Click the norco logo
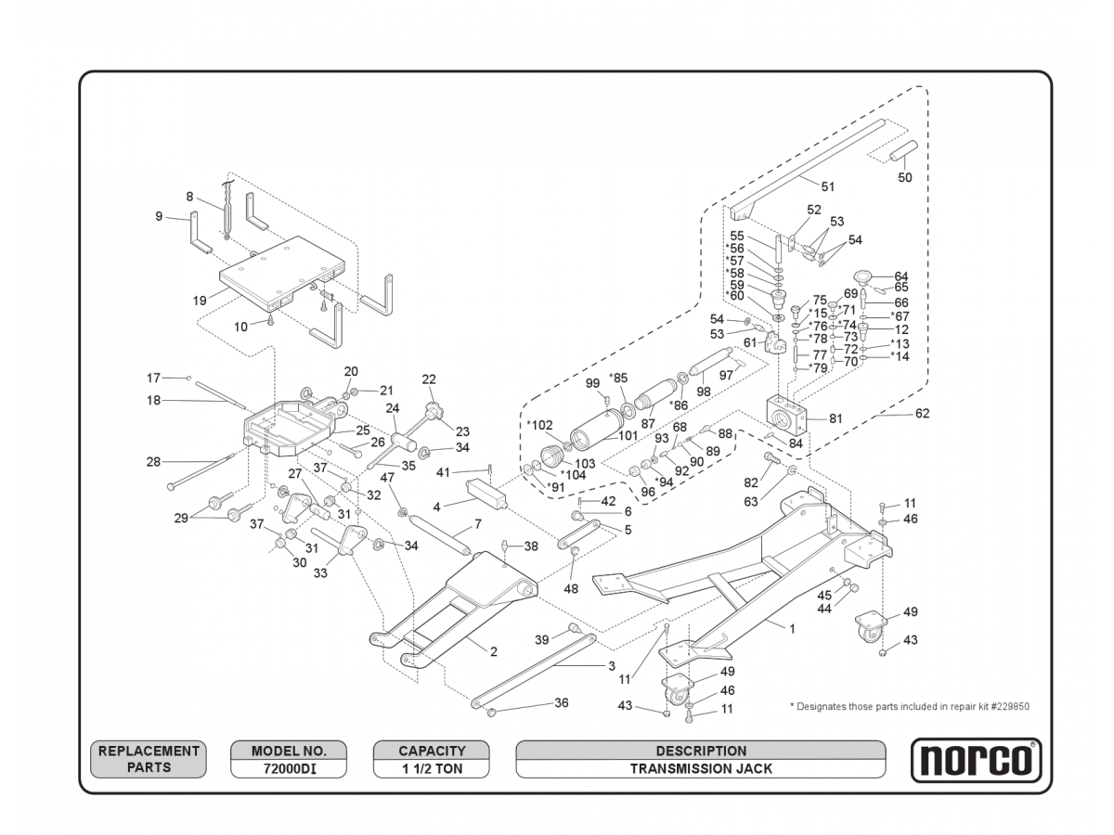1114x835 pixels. click(x=975, y=760)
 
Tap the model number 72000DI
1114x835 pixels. click(x=289, y=768)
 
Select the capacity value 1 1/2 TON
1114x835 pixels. click(x=432, y=768)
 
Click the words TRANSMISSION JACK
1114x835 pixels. click(x=701, y=768)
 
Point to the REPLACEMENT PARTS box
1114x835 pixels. click(x=149, y=759)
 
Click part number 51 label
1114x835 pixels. click(x=828, y=186)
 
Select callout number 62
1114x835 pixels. click(x=922, y=414)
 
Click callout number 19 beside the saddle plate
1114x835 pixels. click(x=200, y=300)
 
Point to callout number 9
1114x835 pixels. click(x=159, y=216)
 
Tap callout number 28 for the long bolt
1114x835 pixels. click(x=153, y=461)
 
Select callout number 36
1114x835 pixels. click(x=562, y=702)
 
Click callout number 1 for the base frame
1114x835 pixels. click(x=792, y=628)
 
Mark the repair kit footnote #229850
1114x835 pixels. click(x=909, y=706)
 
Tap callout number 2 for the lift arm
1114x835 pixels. click(x=493, y=651)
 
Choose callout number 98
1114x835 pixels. click(x=704, y=391)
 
